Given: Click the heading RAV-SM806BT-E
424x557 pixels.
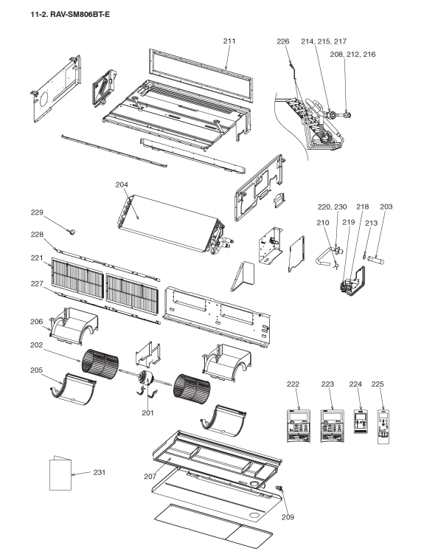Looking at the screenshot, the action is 80,15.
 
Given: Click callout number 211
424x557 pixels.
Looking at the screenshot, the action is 229,41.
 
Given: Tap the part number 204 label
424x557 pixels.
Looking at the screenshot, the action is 122,184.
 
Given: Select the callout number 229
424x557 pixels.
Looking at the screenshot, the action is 37,212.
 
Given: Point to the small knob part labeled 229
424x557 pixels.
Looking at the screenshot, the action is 72,232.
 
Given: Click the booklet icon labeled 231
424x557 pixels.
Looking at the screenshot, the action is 60,473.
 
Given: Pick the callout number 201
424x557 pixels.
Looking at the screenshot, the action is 147,412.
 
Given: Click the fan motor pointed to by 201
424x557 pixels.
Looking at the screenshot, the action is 145,378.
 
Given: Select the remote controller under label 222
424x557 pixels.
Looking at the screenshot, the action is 299,426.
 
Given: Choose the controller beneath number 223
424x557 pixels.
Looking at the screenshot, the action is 332,426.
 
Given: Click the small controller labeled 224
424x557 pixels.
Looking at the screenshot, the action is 361,422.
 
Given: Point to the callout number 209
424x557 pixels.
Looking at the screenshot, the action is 288,517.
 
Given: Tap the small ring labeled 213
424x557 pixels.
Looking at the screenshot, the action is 365,256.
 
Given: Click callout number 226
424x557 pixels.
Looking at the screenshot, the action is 283,41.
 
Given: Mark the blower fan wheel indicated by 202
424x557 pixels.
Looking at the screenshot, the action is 100,364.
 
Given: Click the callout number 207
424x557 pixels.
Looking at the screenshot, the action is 150,477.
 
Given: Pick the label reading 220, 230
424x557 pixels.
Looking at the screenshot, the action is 332,207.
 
